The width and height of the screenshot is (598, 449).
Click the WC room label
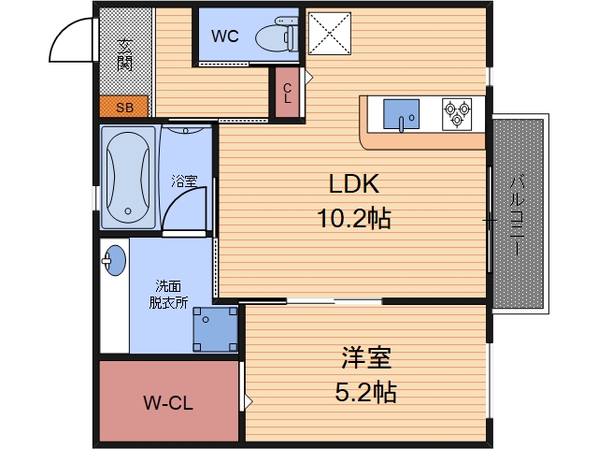pyautogui.click(x=225, y=36)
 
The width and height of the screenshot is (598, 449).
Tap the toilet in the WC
pyautogui.click(x=277, y=36)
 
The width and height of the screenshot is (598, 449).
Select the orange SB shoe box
pyautogui.click(x=123, y=107)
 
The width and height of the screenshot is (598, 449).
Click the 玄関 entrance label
pyautogui.click(x=124, y=55)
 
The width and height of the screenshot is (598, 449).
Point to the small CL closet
pyautogui.click(x=287, y=93)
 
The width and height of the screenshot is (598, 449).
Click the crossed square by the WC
pyautogui.click(x=330, y=34)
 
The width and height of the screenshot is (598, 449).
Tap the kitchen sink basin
pyautogui.click(x=401, y=114)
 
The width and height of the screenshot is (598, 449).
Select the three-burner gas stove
pyautogui.click(x=457, y=114)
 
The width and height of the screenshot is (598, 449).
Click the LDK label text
pyautogui.click(x=354, y=183)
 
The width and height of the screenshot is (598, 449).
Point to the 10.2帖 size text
pyautogui.click(x=354, y=218)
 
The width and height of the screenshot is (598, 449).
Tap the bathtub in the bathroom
pyautogui.click(x=128, y=178)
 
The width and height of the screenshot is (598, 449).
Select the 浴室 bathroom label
pyautogui.click(x=184, y=181)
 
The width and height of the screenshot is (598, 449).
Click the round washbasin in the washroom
pyautogui.click(x=114, y=260)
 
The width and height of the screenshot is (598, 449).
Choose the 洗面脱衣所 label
pyautogui.click(x=168, y=295)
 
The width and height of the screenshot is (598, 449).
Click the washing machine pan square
pyautogui.click(x=216, y=329)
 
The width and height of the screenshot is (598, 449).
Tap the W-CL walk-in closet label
pyautogui.click(x=168, y=403)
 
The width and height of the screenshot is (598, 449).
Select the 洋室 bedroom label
pyautogui.click(x=366, y=357)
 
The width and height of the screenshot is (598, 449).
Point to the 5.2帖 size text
pyautogui.click(x=366, y=392)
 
